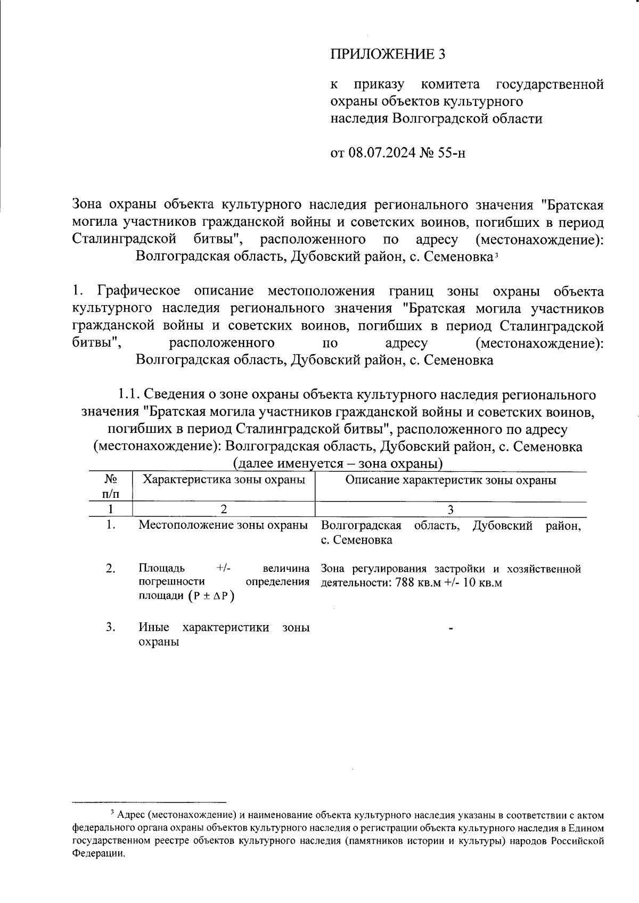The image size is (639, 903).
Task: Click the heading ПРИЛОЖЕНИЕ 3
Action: [x=387, y=54]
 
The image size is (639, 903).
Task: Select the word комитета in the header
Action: [x=450, y=85]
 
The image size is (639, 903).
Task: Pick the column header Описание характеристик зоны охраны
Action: [x=450, y=480]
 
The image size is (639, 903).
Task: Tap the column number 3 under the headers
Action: [x=450, y=510]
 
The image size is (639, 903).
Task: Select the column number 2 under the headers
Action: [x=224, y=510]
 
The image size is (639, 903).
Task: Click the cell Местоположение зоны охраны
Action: [x=223, y=526]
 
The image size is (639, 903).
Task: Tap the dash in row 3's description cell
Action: [x=450, y=630]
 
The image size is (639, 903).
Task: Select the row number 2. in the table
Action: [x=111, y=569]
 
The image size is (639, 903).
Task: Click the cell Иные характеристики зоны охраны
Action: [x=223, y=634]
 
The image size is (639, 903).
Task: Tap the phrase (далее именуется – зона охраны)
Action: [x=338, y=464]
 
